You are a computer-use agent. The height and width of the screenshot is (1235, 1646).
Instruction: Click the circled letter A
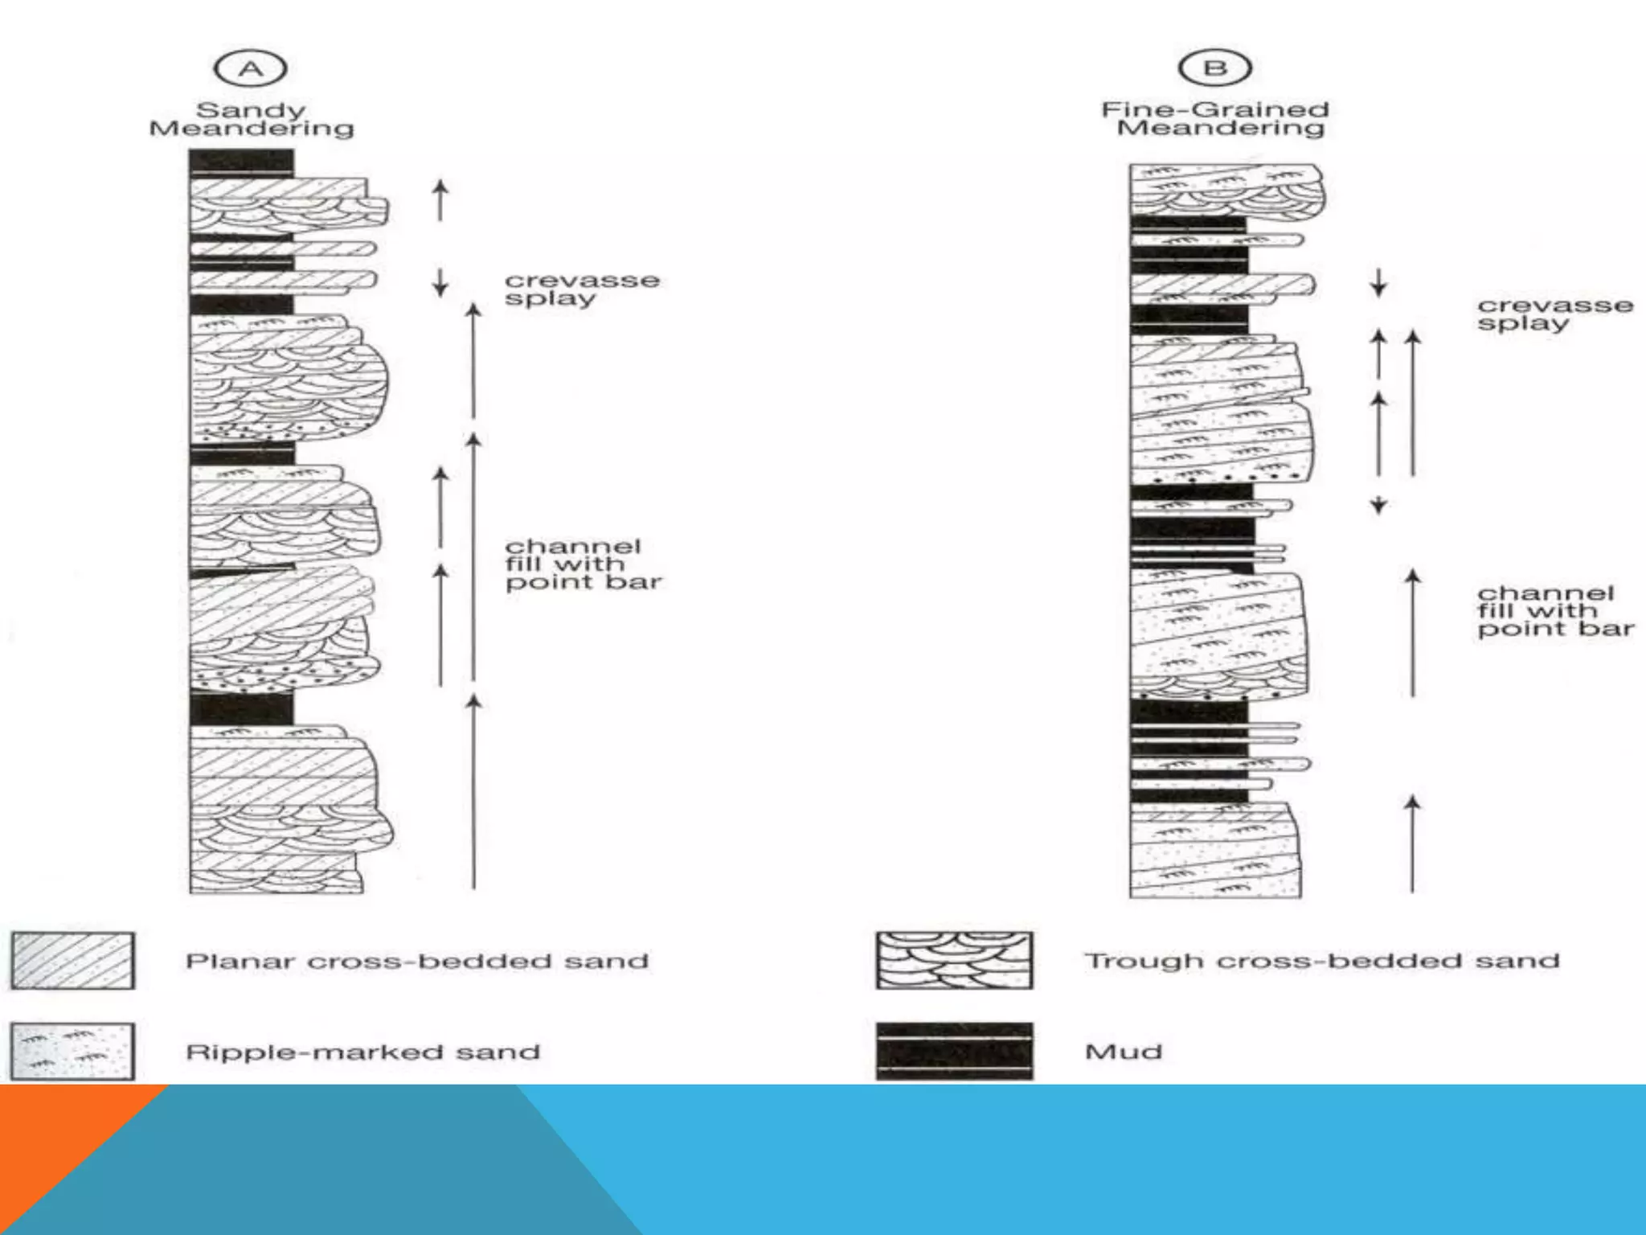point(250,68)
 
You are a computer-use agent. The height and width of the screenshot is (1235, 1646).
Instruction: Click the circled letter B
point(1214,68)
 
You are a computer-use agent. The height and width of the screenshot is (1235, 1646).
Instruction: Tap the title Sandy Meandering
point(251,119)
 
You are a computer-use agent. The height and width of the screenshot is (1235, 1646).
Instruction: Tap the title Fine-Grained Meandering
point(1215,118)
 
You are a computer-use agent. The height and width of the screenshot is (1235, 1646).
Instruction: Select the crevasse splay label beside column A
point(582,289)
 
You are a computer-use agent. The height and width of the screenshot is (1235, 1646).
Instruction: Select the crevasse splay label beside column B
point(1554,314)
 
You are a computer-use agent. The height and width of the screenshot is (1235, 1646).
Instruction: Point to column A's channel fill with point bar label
point(583,564)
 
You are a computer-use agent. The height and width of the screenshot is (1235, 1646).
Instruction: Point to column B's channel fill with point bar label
point(1554,611)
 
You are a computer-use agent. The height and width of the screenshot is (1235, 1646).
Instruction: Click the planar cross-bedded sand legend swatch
point(72,960)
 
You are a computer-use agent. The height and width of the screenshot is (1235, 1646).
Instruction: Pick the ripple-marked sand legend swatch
point(72,1051)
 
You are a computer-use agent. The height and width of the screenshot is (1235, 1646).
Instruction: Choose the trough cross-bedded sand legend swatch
point(954,960)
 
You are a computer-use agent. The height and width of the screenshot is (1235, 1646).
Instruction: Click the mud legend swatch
point(954,1051)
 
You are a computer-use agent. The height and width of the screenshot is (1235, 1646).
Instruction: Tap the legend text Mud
point(1123,1052)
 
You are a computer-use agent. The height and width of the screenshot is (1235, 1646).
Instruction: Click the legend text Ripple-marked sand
point(362,1052)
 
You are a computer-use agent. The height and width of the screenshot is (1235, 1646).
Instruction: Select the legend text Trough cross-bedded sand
point(1321,961)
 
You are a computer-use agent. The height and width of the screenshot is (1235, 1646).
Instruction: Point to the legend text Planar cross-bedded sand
point(416,961)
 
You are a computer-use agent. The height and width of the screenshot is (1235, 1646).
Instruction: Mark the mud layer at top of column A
point(241,162)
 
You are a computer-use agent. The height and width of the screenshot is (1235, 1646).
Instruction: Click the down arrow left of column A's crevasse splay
point(440,281)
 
